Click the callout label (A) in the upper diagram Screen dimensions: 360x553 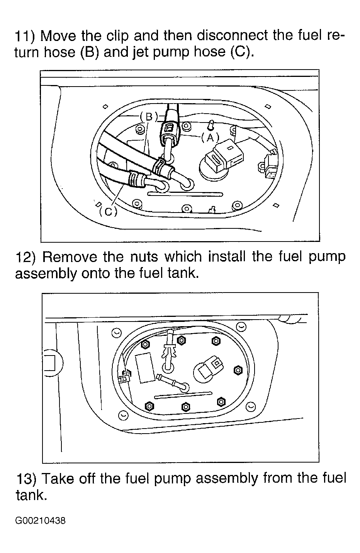pyautogui.click(x=210, y=138)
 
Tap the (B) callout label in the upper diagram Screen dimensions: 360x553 pyautogui.click(x=149, y=117)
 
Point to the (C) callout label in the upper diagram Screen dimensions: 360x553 pyautogui.click(x=108, y=211)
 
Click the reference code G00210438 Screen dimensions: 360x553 pyautogui.click(x=41, y=521)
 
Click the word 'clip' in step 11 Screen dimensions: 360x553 pyautogui.click(x=117, y=36)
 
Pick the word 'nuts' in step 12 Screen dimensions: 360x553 pyautogui.click(x=144, y=257)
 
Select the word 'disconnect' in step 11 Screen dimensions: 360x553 pyautogui.click(x=232, y=36)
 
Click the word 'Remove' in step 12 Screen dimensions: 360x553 pyautogui.click(x=70, y=257)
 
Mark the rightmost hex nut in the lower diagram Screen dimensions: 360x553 pyautogui.click(x=238, y=370)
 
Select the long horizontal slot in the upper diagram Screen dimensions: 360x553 pyautogui.click(x=185, y=194)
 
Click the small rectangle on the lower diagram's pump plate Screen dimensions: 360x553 pyautogui.click(x=144, y=368)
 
